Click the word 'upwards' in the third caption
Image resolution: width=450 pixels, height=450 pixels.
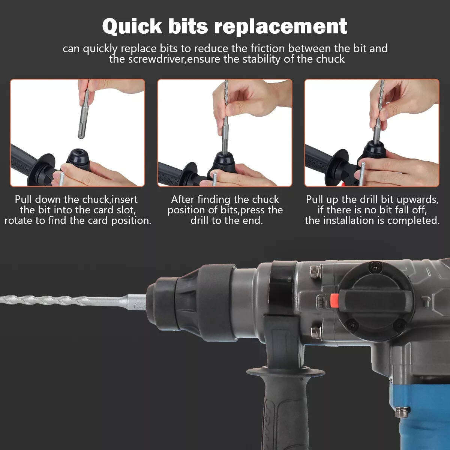pos(416,199)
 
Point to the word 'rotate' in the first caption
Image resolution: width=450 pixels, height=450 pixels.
pos(19,220)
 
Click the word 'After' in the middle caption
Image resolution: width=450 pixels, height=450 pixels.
pos(183,199)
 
